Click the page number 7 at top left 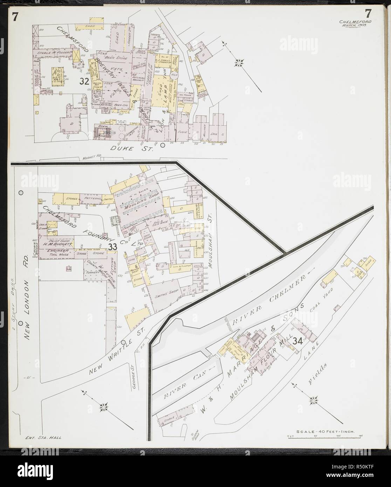pyautogui.click(x=15, y=7)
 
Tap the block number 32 pyautogui.click(x=83, y=82)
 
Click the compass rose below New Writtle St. pyautogui.click(x=104, y=407)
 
